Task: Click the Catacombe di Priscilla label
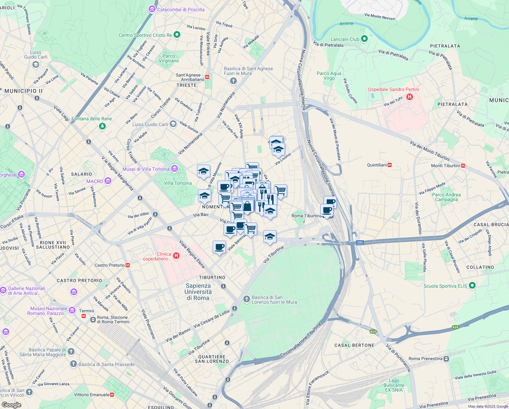point(181,10)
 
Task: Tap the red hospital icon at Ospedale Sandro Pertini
point(410,97)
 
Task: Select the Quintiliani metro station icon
point(390,165)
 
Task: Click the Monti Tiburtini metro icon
point(463,166)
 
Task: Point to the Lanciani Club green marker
point(364,39)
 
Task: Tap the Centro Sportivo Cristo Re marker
point(177,35)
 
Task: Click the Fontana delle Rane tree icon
point(102,126)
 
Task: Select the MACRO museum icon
point(108,181)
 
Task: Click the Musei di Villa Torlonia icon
point(175,169)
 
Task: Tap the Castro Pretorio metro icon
point(128,265)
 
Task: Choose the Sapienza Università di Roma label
point(198,292)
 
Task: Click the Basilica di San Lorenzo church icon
point(246,299)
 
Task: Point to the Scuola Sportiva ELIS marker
point(472,286)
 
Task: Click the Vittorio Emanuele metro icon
point(112,395)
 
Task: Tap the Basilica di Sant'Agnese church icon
point(233,81)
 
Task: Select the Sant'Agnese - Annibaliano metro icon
point(208,77)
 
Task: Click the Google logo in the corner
point(11,405)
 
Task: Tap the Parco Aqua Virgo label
point(326,76)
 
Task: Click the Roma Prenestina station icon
point(446,359)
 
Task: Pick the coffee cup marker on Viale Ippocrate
point(219,247)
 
